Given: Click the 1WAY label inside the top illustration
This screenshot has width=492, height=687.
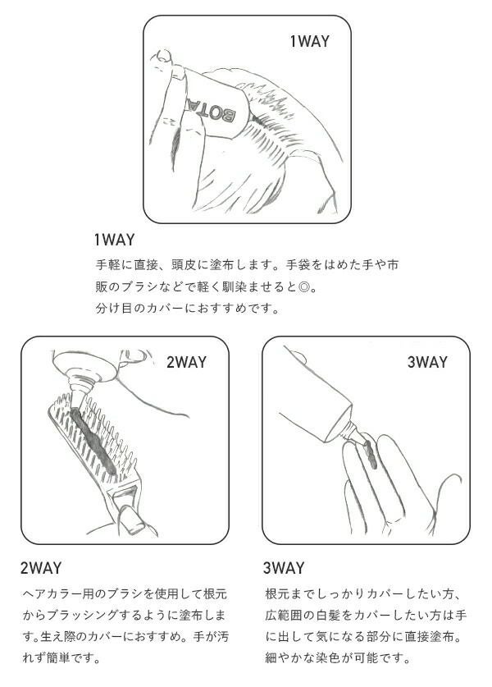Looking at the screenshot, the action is (x=309, y=41).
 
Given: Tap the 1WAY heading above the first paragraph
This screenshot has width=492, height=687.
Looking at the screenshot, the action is (x=114, y=240).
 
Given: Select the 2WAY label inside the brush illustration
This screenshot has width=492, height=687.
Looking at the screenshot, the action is (x=186, y=362).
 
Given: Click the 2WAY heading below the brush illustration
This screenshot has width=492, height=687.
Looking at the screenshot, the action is (x=41, y=568).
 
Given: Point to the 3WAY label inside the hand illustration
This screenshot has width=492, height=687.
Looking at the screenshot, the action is (x=427, y=362).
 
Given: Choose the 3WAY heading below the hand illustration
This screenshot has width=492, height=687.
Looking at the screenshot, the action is (x=284, y=568).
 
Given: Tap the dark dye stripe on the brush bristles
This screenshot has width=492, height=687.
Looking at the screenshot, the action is (x=93, y=440).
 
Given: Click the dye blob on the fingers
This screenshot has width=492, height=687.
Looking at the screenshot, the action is (x=368, y=454).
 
